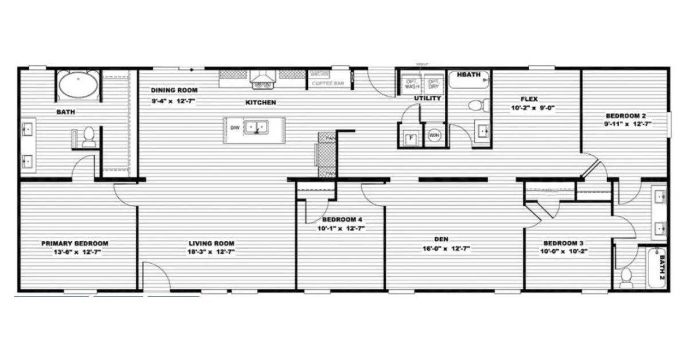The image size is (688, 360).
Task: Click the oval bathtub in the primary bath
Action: (x=78, y=85)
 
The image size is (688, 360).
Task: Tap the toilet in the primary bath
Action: (x=88, y=136)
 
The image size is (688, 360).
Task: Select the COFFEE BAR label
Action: (x=327, y=84)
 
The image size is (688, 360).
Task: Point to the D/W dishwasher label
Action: (x=234, y=127)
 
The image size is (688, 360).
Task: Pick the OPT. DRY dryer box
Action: (x=434, y=83)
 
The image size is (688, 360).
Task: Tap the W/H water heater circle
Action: (x=434, y=136)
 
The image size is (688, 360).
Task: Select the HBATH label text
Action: (x=468, y=75)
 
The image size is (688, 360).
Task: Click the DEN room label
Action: (x=441, y=238)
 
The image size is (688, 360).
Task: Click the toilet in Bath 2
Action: (x=626, y=276)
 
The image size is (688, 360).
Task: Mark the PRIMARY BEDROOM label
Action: (x=75, y=243)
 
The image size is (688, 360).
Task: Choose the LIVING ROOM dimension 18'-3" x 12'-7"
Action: (x=212, y=252)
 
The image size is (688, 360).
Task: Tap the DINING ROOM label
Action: (x=174, y=90)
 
